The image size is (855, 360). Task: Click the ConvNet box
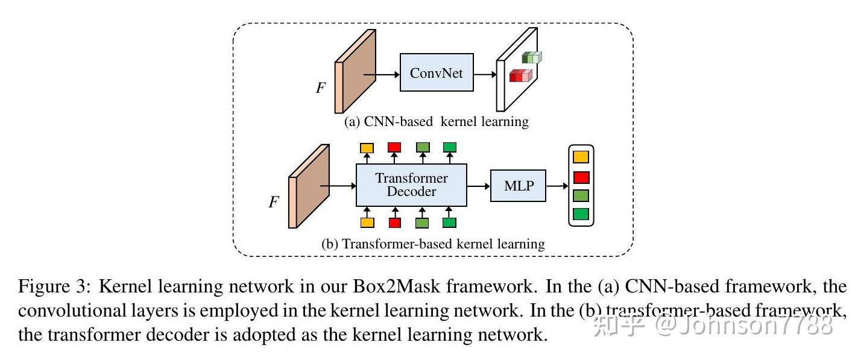coord(437,72)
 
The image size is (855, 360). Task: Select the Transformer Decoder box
coord(411,185)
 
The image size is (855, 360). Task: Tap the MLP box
coord(519,186)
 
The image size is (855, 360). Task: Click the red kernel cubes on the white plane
coord(520,76)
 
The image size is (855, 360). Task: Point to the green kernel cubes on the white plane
coord(532,57)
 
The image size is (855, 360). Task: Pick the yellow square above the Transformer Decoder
coord(367,148)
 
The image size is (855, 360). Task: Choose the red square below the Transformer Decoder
coord(395,223)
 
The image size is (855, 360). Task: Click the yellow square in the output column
coord(581,157)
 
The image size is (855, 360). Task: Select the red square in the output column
coord(581,177)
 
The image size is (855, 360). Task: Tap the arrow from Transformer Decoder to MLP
coord(479,186)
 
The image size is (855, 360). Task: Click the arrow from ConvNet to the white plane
coord(484,74)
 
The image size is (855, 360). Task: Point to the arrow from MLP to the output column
coord(557,186)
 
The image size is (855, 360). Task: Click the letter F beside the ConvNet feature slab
coord(321,88)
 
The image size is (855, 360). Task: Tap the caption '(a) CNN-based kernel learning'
coord(436,122)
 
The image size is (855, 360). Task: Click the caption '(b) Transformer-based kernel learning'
coord(433,244)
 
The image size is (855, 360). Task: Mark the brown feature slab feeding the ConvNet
coord(356,71)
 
